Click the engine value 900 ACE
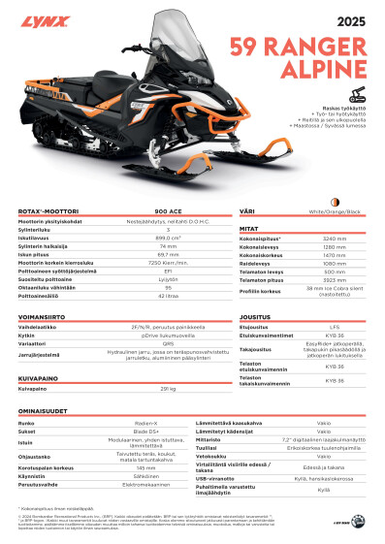[x=169, y=210]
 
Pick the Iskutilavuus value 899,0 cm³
[x=168, y=238]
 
